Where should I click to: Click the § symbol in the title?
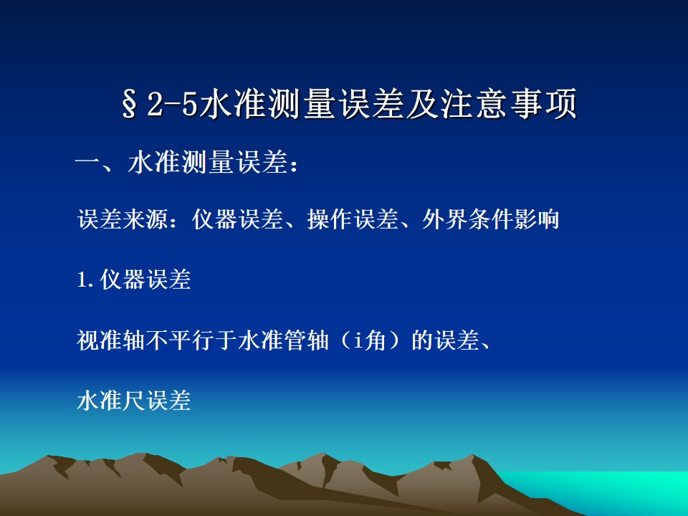coord(129,104)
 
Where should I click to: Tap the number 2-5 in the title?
coord(173,105)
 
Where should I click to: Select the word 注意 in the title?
coord(474,104)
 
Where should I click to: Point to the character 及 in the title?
coord(423,104)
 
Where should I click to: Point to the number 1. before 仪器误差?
coord(86,280)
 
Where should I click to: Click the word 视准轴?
coord(111,340)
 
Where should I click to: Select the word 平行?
coord(191,340)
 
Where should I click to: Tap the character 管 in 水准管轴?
coord(295,340)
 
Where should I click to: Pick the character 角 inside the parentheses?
coord(375,340)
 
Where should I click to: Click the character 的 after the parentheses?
coord(422,340)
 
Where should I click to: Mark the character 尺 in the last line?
coord(134,401)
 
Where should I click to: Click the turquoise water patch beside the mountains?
coord(614,492)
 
